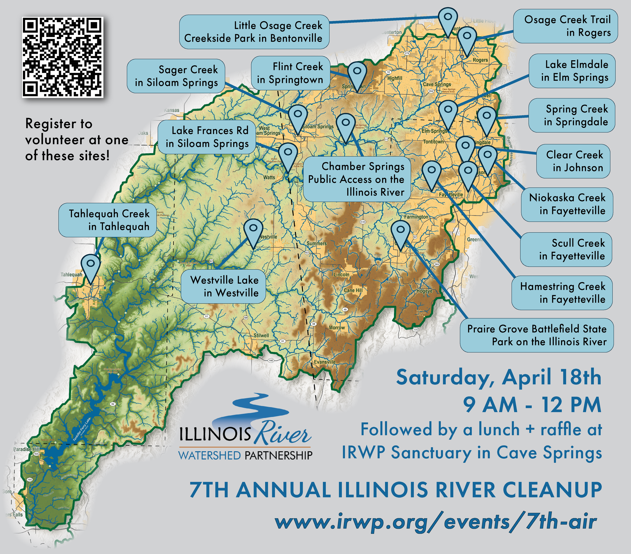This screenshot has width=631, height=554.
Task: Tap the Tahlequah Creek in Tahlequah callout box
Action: point(108,220)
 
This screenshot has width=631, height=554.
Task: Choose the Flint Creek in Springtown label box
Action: point(291,73)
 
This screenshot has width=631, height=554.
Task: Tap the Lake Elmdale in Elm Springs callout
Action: point(572,71)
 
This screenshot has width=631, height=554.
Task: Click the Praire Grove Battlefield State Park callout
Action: point(537,335)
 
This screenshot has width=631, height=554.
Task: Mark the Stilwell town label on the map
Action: point(261,336)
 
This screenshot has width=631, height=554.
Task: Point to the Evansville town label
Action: point(324,362)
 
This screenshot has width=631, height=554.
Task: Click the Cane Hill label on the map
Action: point(353,290)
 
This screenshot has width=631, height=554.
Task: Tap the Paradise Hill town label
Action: point(27,449)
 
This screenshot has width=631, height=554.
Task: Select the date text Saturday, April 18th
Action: point(498,377)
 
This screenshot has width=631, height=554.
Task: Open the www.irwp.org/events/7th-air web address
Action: point(436,522)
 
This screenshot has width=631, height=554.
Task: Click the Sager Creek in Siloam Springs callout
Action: point(176,76)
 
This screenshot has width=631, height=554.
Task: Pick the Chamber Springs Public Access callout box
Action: point(357,179)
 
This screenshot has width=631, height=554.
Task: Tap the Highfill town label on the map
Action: point(395,78)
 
